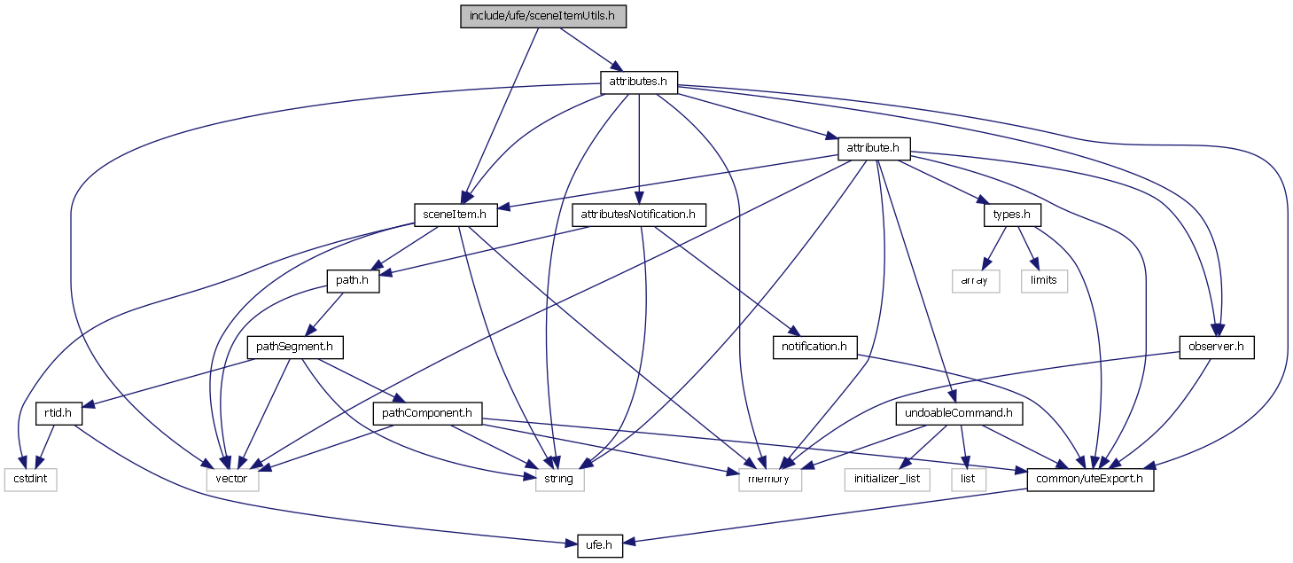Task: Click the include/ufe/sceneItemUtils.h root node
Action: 543,17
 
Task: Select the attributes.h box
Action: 639,82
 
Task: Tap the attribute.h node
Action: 874,148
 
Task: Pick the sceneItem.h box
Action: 456,215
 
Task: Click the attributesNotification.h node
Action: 639,215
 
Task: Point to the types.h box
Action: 1011,215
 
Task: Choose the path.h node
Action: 354,281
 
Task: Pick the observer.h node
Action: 1217,347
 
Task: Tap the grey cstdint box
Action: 30,480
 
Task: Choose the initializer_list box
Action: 888,480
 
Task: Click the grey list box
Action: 969,480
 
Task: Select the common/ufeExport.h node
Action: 1090,480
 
